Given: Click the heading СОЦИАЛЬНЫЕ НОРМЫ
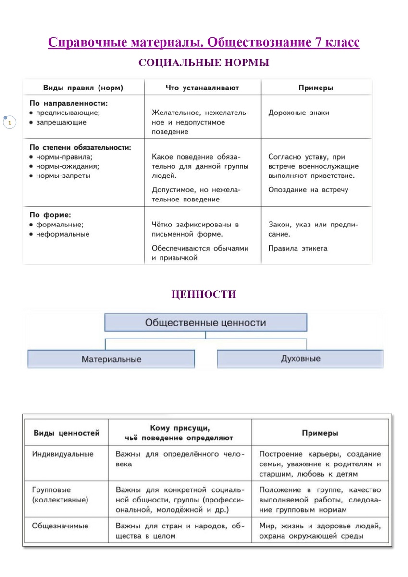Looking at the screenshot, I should point(204,63).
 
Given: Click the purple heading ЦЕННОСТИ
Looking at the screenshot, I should point(204,294).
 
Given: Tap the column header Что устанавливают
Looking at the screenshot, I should point(202,88).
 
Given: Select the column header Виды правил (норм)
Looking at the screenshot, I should point(83,88).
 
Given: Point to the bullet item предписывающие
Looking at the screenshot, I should point(68,113).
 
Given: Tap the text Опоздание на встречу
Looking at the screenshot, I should point(308,190).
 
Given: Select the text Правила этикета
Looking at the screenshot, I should point(297,249).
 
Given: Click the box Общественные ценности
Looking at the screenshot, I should point(205,322).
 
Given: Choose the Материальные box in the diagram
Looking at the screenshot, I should point(111,359).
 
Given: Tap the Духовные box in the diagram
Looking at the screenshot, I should point(300,359).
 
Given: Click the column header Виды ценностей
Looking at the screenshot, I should point(66,433).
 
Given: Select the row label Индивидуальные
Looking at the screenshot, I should point(63,454).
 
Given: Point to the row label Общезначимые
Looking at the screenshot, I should point(60,526).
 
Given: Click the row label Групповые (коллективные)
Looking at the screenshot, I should point(60,495).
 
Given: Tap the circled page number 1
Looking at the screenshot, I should point(10,123).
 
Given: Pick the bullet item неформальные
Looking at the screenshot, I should point(62,234).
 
